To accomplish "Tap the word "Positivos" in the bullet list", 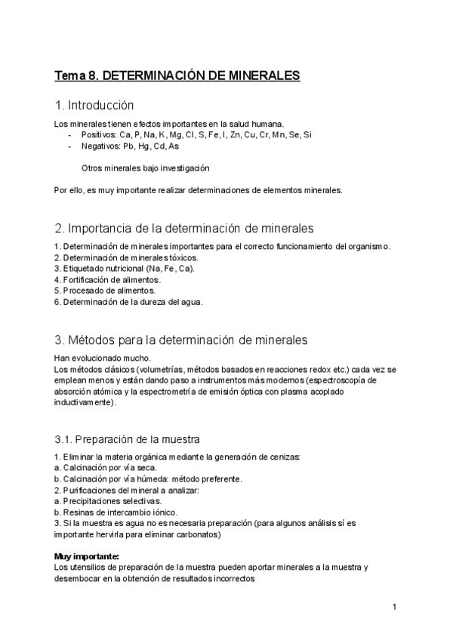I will [x=98, y=134].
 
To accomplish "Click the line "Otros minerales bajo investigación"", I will [x=145, y=168].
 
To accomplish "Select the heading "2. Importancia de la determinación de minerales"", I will [x=184, y=227].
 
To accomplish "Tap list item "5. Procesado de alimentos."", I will [x=105, y=290].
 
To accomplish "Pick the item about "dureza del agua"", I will [x=128, y=301].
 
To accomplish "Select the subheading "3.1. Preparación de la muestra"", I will [x=128, y=438].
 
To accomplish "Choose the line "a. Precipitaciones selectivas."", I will [x=108, y=500].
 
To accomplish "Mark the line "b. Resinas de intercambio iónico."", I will [x=116, y=512].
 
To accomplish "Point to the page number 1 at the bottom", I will [x=394, y=607].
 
